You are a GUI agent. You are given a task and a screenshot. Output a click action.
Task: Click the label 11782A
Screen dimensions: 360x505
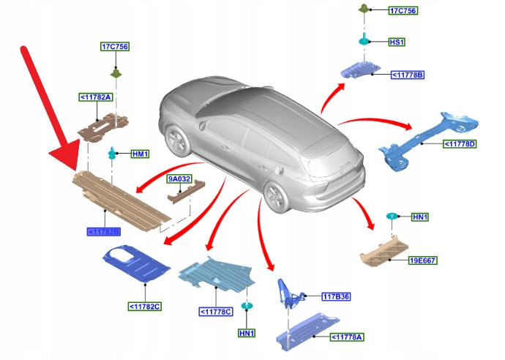click(96, 97)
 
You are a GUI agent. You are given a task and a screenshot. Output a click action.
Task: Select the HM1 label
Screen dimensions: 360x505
click(139, 154)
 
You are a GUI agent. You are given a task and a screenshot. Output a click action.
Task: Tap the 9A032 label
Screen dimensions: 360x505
click(179, 179)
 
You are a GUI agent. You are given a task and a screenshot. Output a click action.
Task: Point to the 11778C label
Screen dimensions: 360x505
click(215, 312)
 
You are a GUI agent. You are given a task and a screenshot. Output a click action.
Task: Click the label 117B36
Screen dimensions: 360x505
click(336, 296)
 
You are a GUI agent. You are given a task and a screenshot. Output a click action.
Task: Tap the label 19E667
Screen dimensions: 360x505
click(423, 260)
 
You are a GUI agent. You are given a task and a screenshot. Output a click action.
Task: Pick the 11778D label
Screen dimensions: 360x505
click(460, 144)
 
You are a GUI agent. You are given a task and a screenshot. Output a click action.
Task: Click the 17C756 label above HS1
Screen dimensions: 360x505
click(402, 11)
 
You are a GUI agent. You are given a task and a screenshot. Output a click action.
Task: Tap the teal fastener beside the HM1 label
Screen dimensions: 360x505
click(113, 154)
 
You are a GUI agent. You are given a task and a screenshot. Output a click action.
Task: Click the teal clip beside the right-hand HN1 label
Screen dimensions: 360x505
click(392, 217)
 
